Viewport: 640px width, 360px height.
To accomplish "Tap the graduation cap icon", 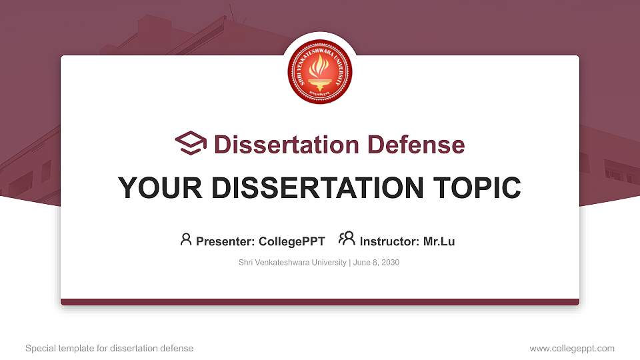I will pyautogui.click(x=191, y=143).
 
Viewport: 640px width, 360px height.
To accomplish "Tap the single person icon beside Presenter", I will pyautogui.click(x=186, y=239).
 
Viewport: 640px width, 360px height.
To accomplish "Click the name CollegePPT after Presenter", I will pyautogui.click(x=292, y=241).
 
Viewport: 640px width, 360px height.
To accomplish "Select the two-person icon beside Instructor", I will pyautogui.click(x=347, y=239).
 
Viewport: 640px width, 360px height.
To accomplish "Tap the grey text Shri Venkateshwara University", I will pyautogui.click(x=292, y=263).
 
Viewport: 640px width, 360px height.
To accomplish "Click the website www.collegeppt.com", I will pyautogui.click(x=572, y=348).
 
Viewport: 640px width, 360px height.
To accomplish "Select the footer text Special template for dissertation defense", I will pyautogui.click(x=109, y=348).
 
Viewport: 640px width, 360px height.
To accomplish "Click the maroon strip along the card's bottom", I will pyautogui.click(x=320, y=302).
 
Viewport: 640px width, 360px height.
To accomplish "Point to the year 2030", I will pyautogui.click(x=390, y=263).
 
